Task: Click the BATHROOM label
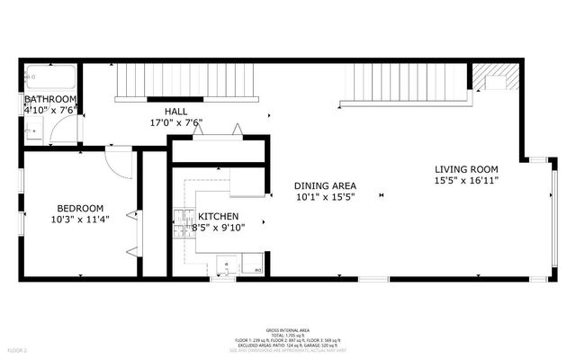pos(50,99)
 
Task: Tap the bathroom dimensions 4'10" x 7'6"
pos(50,110)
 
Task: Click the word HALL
pos(175,112)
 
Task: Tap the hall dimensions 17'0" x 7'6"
pos(175,123)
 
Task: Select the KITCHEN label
pos(219,216)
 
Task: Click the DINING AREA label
pos(325,185)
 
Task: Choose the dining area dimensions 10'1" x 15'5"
pos(325,197)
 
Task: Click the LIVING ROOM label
pos(466,169)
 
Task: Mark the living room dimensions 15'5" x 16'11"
pos(466,181)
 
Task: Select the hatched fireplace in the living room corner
pos(495,77)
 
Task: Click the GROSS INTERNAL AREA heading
pos(288,330)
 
